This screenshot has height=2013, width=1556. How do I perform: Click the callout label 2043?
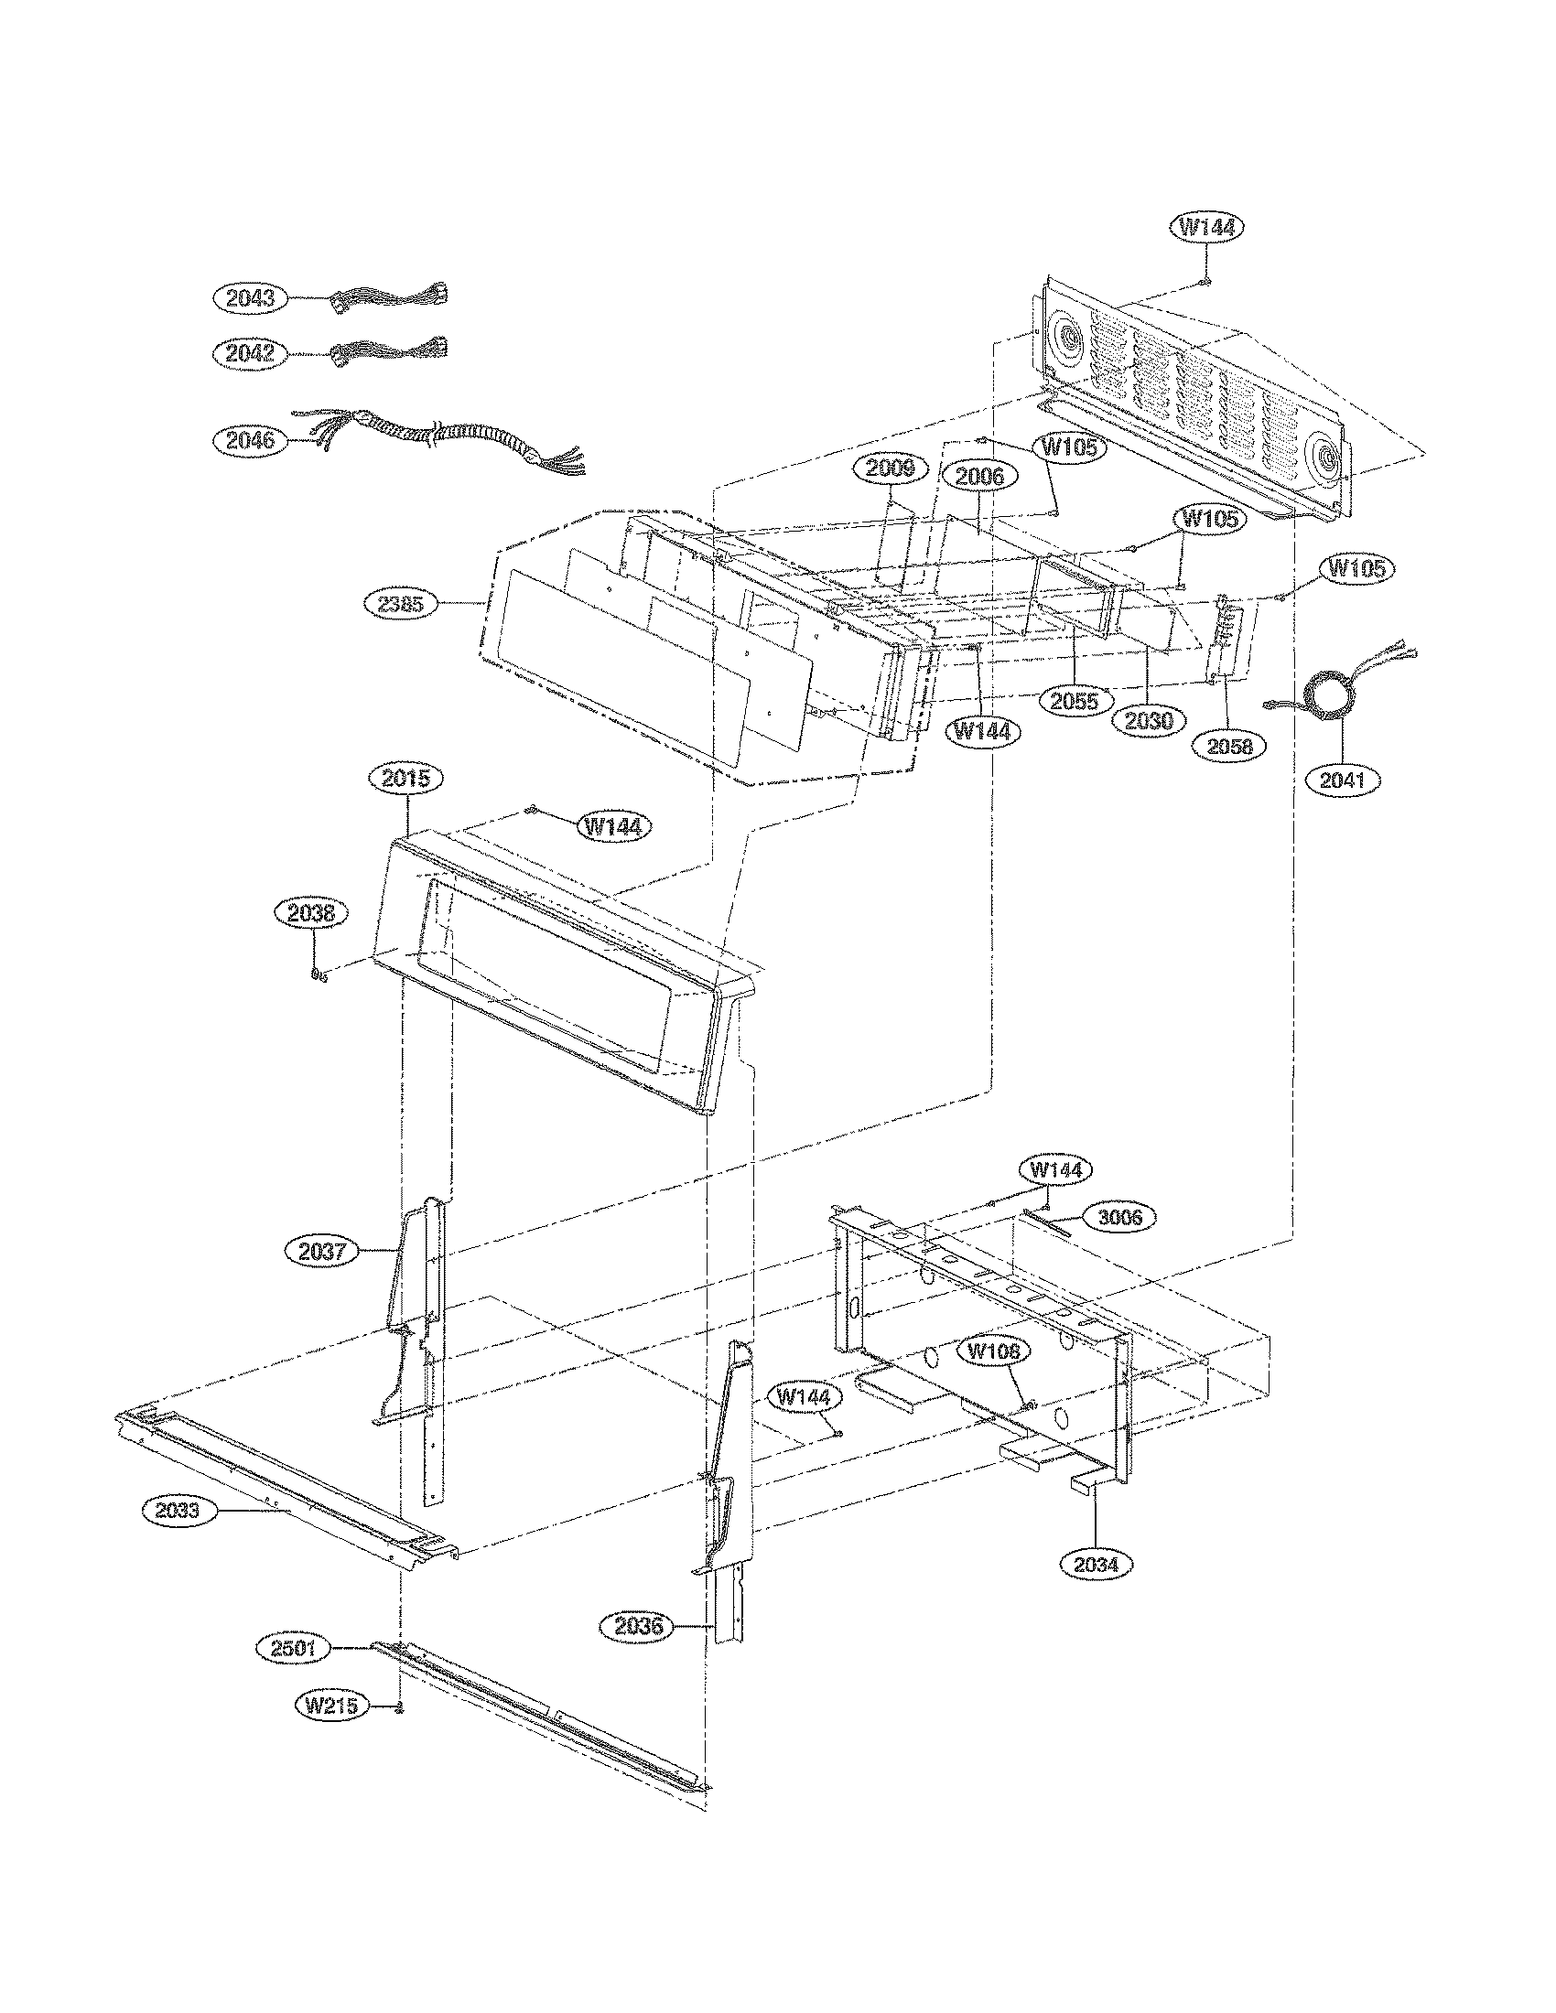click(250, 297)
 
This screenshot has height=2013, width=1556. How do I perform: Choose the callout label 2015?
click(405, 778)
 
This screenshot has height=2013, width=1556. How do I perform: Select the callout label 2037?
click(321, 1251)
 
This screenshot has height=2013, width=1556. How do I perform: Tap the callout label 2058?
click(1229, 746)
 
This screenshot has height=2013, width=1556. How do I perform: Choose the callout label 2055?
click(1075, 701)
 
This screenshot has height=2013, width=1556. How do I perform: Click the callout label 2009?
click(890, 468)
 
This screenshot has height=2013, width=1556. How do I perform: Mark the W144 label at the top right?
click(1207, 227)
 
